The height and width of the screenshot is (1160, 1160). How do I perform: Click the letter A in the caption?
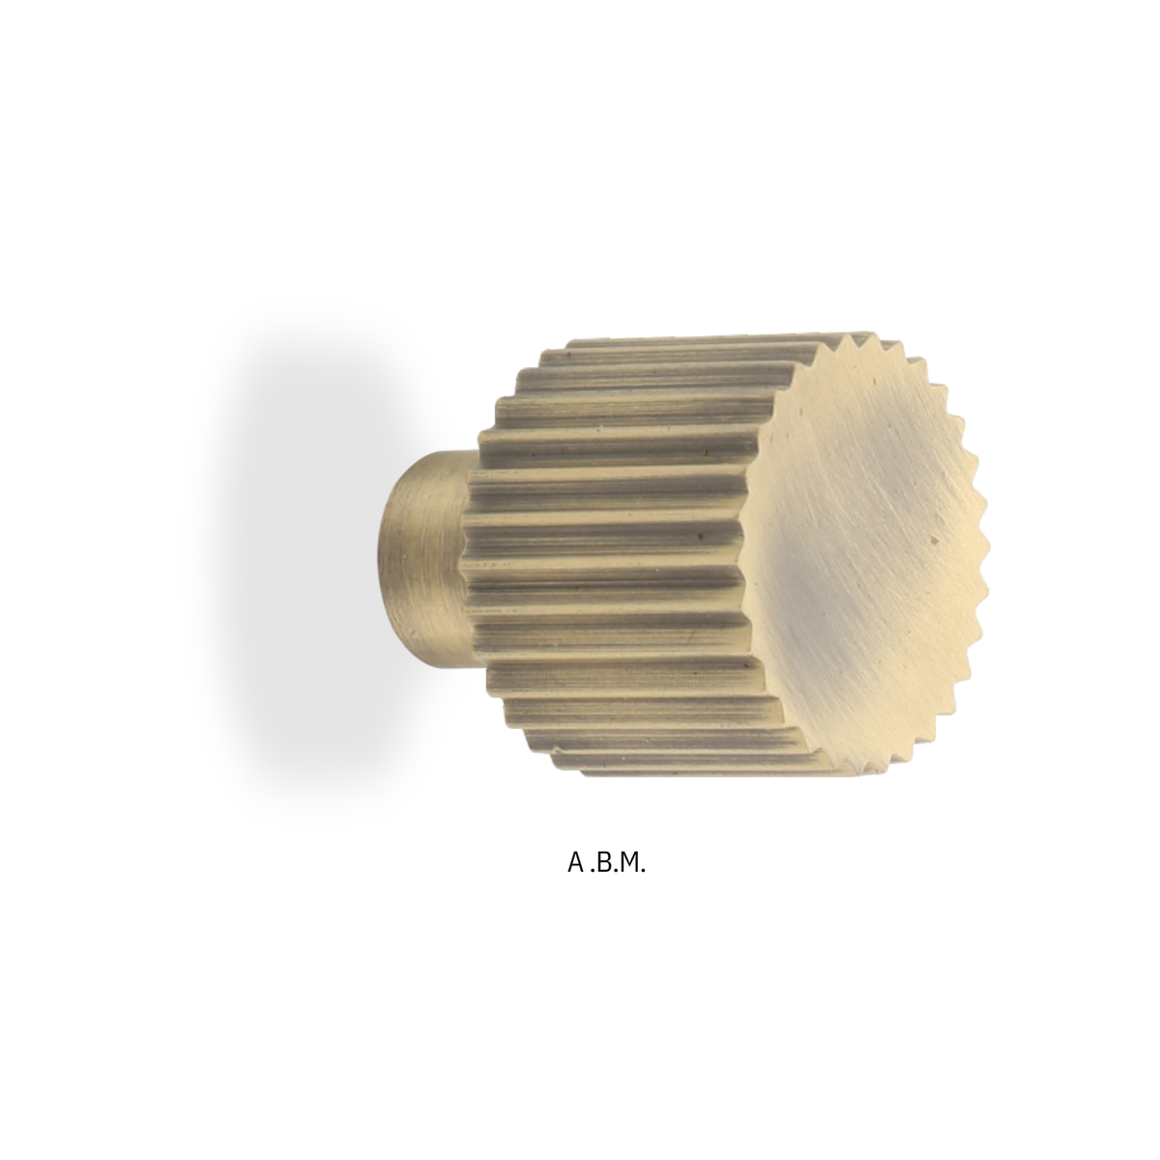(x=575, y=862)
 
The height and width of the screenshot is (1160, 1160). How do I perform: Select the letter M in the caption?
(x=626, y=862)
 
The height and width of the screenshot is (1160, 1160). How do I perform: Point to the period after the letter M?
(x=642, y=870)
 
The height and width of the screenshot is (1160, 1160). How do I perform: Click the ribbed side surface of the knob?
(x=614, y=554)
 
